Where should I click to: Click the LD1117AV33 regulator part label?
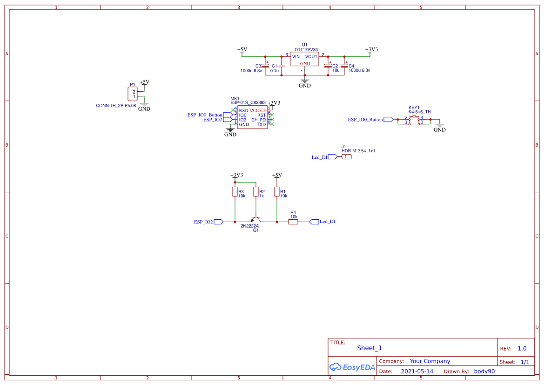click(305, 50)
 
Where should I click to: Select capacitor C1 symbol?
click(282, 66)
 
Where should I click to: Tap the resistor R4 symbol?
click(293, 222)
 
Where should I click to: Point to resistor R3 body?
click(234, 192)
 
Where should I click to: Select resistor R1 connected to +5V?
click(277, 192)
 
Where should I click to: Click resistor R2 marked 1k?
click(255, 192)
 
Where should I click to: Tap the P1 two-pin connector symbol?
click(133, 94)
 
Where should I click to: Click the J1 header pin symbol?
click(347, 157)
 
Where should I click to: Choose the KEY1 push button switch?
click(414, 120)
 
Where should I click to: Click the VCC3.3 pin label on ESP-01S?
click(257, 110)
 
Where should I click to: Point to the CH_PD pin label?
click(258, 120)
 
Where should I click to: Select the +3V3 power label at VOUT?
click(371, 49)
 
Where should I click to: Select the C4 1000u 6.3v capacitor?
click(344, 66)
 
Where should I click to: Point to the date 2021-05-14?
click(417, 371)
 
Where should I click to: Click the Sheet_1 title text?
click(369, 348)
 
